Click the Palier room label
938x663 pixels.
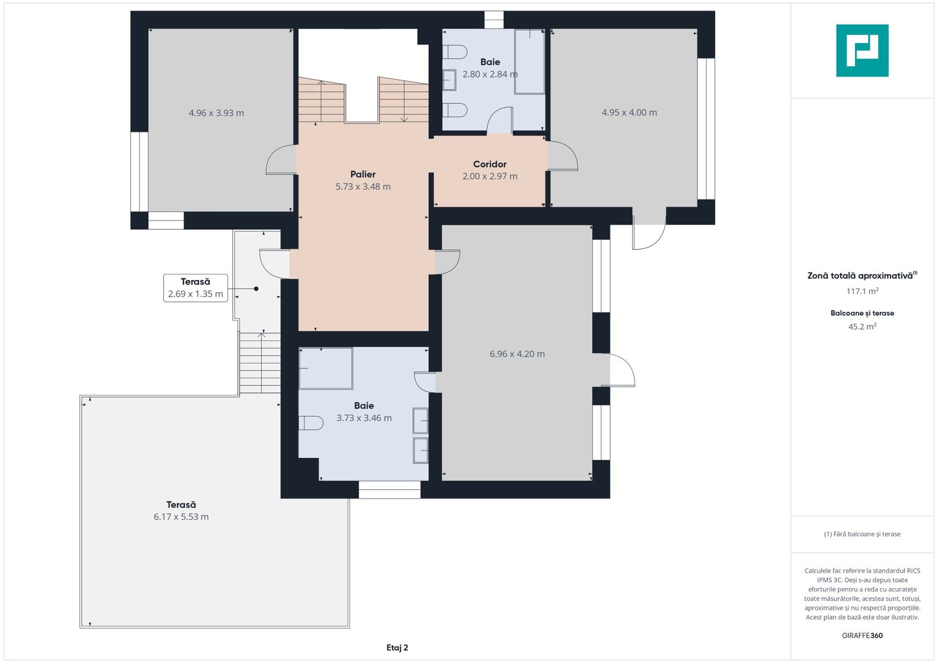[x=362, y=174]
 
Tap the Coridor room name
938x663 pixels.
[x=490, y=164]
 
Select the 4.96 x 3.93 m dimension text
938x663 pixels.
[x=216, y=112]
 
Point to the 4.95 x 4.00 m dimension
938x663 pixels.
[x=629, y=112]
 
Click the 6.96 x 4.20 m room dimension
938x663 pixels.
[x=517, y=354]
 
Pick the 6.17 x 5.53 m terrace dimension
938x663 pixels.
[x=181, y=516]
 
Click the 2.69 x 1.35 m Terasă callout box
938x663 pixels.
[x=195, y=288]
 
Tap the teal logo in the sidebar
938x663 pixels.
[x=862, y=50]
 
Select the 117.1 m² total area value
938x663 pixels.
[x=862, y=291]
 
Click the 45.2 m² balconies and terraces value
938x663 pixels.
[x=862, y=327]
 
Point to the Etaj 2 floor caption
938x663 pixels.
[x=397, y=648]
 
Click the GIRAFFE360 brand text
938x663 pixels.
[x=862, y=635]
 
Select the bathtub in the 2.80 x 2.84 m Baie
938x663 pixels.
[x=530, y=61]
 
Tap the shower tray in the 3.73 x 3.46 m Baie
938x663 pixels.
[x=326, y=368]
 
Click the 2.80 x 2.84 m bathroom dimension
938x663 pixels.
[x=490, y=74]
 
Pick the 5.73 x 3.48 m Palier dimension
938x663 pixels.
[x=362, y=187]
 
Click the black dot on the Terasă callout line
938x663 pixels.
[x=256, y=289]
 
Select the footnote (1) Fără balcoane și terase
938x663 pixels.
[x=862, y=534]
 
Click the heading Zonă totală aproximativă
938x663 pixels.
[x=861, y=276]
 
